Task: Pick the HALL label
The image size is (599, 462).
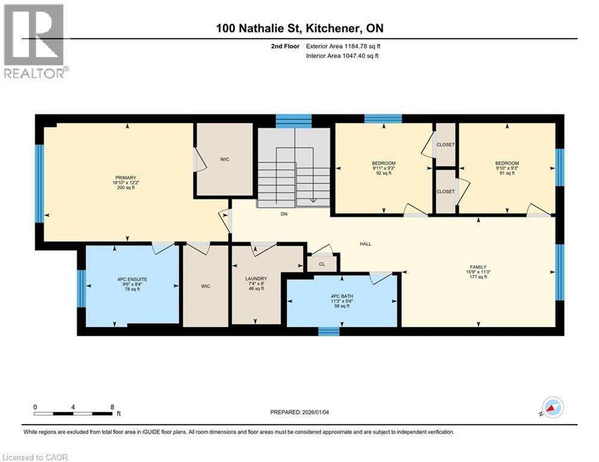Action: (x=365, y=244)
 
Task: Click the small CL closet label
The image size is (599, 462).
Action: (x=321, y=263)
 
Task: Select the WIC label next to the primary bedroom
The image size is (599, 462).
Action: (x=225, y=160)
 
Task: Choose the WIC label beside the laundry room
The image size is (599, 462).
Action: (x=205, y=286)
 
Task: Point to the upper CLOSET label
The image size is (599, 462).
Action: (x=445, y=145)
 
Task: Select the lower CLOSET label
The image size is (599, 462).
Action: (x=445, y=191)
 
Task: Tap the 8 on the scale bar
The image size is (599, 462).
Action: (x=112, y=407)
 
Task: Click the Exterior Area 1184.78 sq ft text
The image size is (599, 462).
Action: (x=343, y=46)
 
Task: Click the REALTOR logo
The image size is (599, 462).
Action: (x=34, y=41)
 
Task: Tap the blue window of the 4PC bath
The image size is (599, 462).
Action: (x=329, y=331)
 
